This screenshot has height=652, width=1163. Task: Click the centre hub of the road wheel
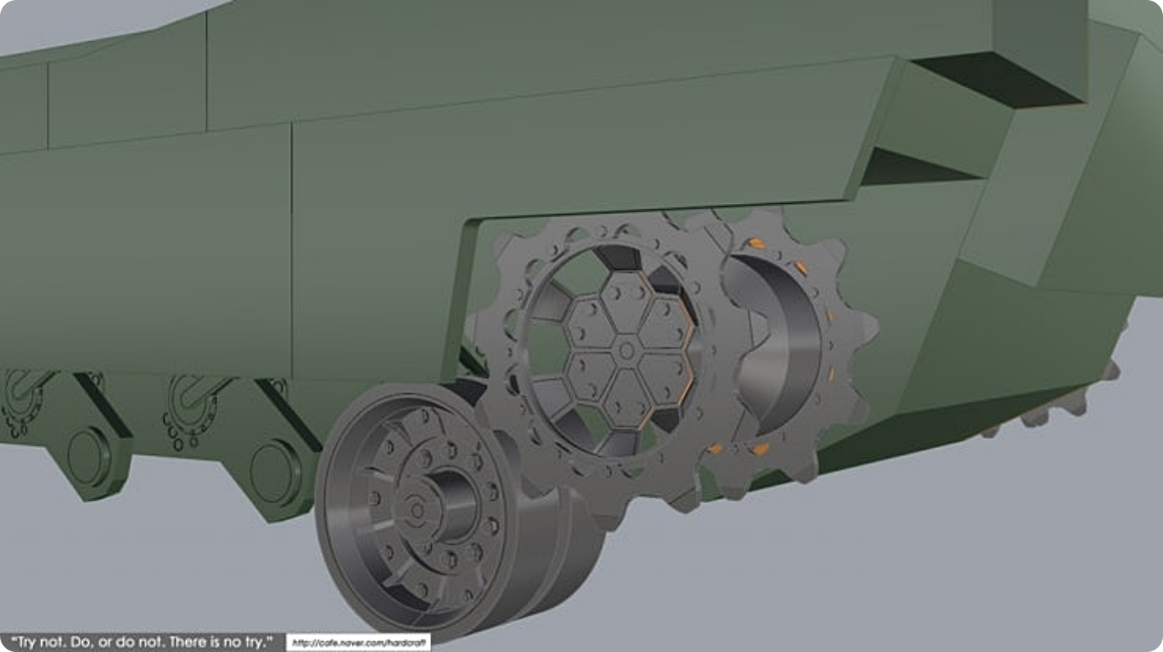click(416, 510)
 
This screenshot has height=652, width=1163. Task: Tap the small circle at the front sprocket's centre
click(626, 351)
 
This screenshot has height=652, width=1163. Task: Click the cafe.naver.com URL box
click(358, 643)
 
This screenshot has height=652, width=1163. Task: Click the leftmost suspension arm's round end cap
click(88, 457)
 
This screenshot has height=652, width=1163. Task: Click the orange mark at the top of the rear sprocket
click(757, 243)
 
